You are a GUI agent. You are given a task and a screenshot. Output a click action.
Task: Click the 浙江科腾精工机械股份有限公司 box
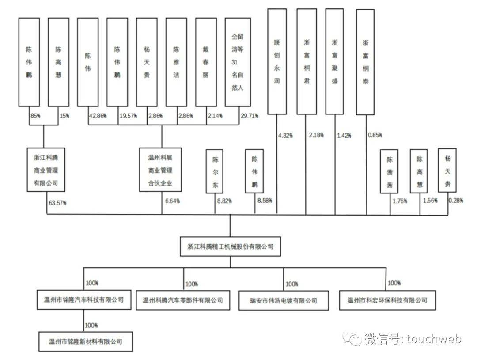pos(230,246)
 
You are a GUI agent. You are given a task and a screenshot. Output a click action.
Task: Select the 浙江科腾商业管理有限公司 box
pos(46,170)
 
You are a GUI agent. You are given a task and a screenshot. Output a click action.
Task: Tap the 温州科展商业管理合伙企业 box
pos(160,170)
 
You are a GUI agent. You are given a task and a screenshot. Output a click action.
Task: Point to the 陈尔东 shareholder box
pos(215,171)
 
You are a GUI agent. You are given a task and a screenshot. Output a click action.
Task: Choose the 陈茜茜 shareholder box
pos(389,171)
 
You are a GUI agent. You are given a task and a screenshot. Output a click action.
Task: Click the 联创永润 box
pos(277,61)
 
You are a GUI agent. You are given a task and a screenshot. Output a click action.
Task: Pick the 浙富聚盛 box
pos(335,61)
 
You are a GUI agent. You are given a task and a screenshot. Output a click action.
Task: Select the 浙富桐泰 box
pos(365,62)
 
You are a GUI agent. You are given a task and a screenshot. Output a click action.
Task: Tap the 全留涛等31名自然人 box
pos(238,62)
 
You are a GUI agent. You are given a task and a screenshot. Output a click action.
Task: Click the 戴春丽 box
pos(206,62)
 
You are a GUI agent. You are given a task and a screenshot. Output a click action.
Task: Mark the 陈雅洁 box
pos(176,62)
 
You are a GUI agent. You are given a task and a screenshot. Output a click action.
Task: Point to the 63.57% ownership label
pos(57,203)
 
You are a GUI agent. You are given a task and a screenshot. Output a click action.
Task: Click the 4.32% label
pos(285,136)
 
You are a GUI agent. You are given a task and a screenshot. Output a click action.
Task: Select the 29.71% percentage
pos(250,116)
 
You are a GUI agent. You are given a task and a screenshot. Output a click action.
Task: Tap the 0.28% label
pos(456,200)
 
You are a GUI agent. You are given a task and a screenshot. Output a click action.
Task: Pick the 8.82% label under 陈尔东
pos(224,201)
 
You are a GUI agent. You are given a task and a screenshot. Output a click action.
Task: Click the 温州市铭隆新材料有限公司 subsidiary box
pos(86,341)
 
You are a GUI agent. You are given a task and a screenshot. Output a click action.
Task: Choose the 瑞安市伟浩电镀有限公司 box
pos(284,301)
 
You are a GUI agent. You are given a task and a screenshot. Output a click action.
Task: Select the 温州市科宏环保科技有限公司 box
pos(387,300)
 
